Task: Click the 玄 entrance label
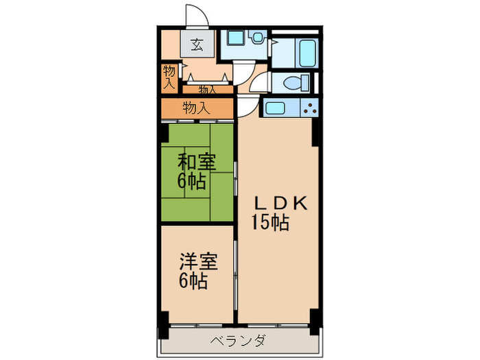point(197,45)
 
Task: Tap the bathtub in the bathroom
point(307,52)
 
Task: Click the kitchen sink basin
point(275,108)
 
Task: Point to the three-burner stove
point(309,108)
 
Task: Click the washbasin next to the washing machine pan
point(257,37)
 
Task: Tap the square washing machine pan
point(235,38)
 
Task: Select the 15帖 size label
point(270,222)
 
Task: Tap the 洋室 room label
point(198,261)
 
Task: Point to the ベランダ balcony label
point(239,340)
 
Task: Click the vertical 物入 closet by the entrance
point(169,77)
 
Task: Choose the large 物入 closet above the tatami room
point(197,108)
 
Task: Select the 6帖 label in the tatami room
point(191,181)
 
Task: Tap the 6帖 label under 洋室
point(193,280)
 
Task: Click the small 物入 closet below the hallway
point(208,90)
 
